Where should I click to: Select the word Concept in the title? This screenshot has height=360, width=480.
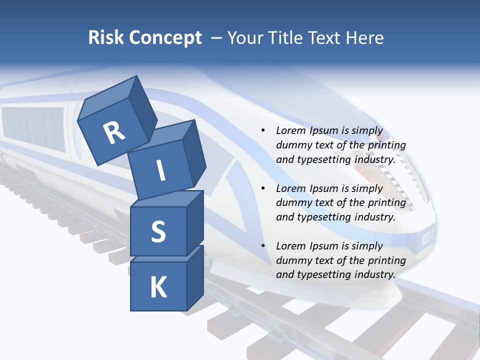point(165,37)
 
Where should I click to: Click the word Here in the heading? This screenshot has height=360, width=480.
point(364,37)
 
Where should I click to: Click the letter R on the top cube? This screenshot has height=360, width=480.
point(114,132)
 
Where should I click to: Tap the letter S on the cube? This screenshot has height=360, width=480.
point(158,231)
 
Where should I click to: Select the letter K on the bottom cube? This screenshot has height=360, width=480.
point(158,287)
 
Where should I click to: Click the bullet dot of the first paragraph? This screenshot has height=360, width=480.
point(263,131)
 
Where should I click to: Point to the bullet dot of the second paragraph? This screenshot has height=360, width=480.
point(263,188)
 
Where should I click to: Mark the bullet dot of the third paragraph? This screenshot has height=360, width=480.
point(263,246)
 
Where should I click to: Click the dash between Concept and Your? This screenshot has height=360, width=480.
point(217,37)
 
